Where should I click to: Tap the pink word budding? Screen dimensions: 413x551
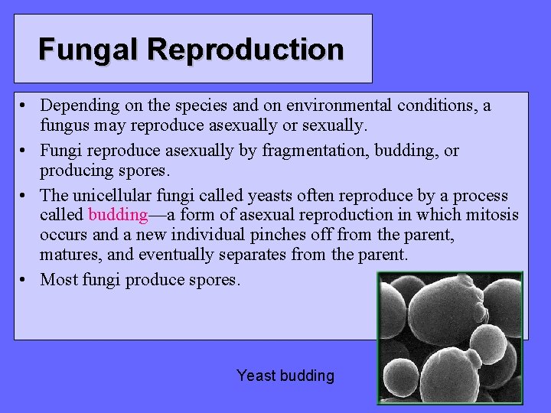(118, 216)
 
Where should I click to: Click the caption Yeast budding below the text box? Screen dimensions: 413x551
(285, 376)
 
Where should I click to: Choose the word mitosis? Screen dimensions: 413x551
(491, 216)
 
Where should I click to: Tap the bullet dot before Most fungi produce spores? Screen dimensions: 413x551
(25, 280)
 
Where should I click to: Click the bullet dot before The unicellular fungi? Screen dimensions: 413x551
(25, 194)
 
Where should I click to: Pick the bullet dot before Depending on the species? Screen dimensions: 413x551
(25, 106)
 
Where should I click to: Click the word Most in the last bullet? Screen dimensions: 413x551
(58, 280)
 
